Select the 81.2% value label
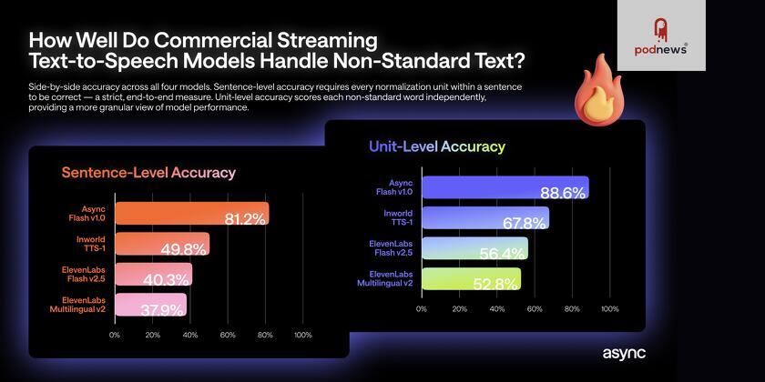pyautogui.click(x=245, y=218)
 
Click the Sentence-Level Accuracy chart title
pyautogui.click(x=148, y=173)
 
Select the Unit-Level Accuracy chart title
pyautogui.click(x=436, y=146)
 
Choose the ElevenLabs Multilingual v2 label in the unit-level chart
pyautogui.click(x=390, y=278)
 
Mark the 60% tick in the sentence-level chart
pyautogui.click(x=228, y=336)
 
